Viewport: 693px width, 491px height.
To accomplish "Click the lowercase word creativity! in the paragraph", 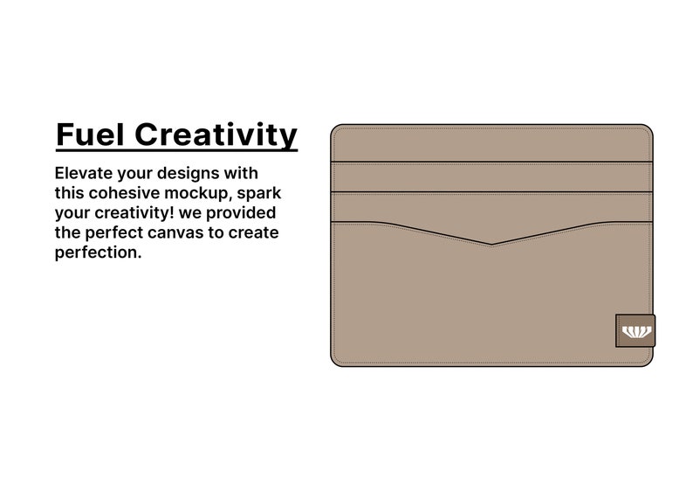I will pyautogui.click(x=133, y=212).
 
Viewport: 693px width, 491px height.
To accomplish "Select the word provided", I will pyautogui.click(x=246, y=212).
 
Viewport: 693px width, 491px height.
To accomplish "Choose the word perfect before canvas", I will pyautogui.click(x=115, y=232).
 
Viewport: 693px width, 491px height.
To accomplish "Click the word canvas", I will pyautogui.click(x=184, y=232).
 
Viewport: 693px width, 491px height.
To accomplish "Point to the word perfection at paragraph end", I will pyautogui.click(x=95, y=252).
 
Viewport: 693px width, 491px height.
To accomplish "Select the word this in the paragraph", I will pyautogui.click(x=69, y=192).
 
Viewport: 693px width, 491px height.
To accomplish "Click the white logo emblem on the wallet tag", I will pyautogui.click(x=635, y=331).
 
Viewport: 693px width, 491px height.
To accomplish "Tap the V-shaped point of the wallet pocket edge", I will pyautogui.click(x=492, y=244).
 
